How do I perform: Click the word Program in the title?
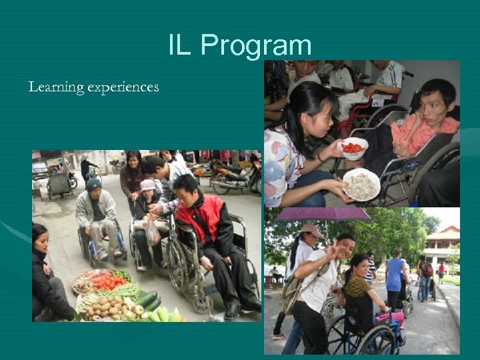256,45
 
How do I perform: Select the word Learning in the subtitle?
55,87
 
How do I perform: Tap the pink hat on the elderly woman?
149,184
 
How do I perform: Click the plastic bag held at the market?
152,232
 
